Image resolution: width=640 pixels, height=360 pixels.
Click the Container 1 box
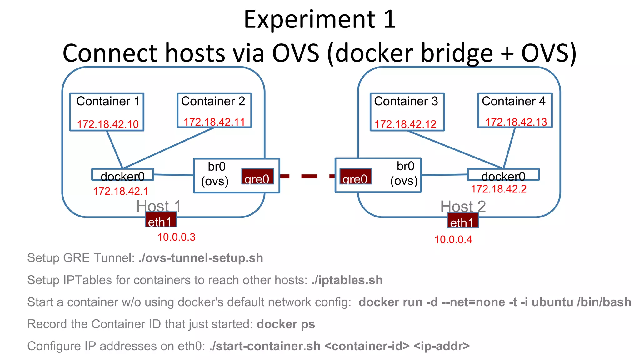point(107,112)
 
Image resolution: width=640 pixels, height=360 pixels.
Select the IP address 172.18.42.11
point(214,122)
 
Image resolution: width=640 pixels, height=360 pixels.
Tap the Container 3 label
point(406,101)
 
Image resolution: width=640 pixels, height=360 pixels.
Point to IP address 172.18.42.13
point(516,122)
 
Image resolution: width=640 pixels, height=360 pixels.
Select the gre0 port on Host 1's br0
point(257,177)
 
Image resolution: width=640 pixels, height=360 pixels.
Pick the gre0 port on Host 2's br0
point(356,177)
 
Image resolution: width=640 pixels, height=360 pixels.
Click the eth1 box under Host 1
point(161,220)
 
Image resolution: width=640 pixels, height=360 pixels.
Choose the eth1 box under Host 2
point(462,221)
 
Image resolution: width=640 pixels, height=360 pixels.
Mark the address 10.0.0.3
point(176,237)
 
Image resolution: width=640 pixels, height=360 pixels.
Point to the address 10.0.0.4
point(453,240)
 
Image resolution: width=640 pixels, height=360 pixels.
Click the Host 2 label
point(463,206)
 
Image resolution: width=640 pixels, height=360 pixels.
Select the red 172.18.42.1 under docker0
point(121,191)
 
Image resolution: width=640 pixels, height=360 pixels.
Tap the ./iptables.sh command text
point(347,280)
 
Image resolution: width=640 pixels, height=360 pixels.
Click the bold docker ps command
point(286,324)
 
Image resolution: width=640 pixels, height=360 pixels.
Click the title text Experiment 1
point(320,19)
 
